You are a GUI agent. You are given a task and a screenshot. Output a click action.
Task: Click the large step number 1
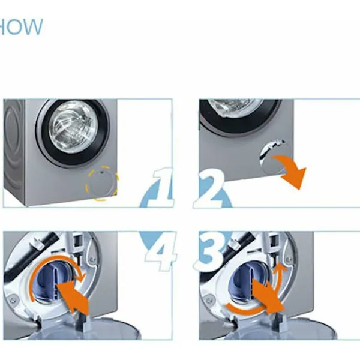[161, 187]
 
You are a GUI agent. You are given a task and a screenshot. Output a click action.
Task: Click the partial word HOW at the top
[21, 27]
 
